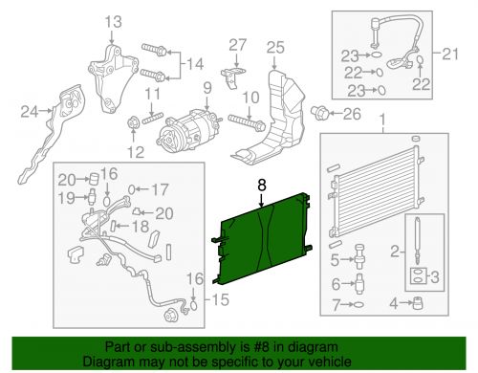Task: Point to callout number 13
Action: [113, 21]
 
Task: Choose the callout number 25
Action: [275, 47]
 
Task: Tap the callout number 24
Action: [30, 113]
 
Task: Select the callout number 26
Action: [353, 117]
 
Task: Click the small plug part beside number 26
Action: [325, 116]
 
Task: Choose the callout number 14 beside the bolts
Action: [195, 64]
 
